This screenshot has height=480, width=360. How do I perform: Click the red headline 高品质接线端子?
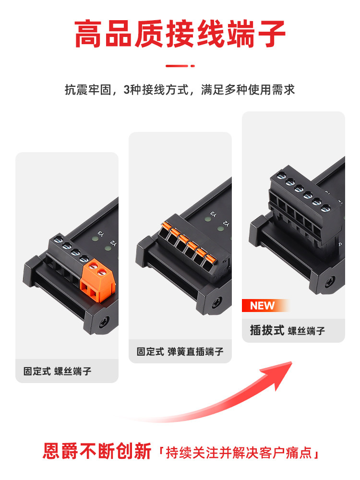tap(180, 34)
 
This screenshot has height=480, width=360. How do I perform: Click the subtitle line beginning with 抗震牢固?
tap(180, 90)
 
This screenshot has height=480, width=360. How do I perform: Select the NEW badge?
tap(265, 305)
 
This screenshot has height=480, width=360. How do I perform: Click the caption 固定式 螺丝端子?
tap(57, 372)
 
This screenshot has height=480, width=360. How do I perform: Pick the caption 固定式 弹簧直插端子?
tap(180, 351)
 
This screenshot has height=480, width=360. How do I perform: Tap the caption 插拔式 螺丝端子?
tap(288, 331)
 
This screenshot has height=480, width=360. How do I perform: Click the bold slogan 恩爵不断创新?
tap(97, 451)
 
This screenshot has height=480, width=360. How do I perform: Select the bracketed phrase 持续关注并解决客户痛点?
tap(239, 453)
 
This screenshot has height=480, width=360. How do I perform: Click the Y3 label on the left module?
tap(101, 234)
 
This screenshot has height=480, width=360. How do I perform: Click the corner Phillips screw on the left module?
tap(104, 323)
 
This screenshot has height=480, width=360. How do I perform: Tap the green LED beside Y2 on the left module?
tap(108, 248)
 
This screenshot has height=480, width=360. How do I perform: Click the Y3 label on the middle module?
tap(214, 214)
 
